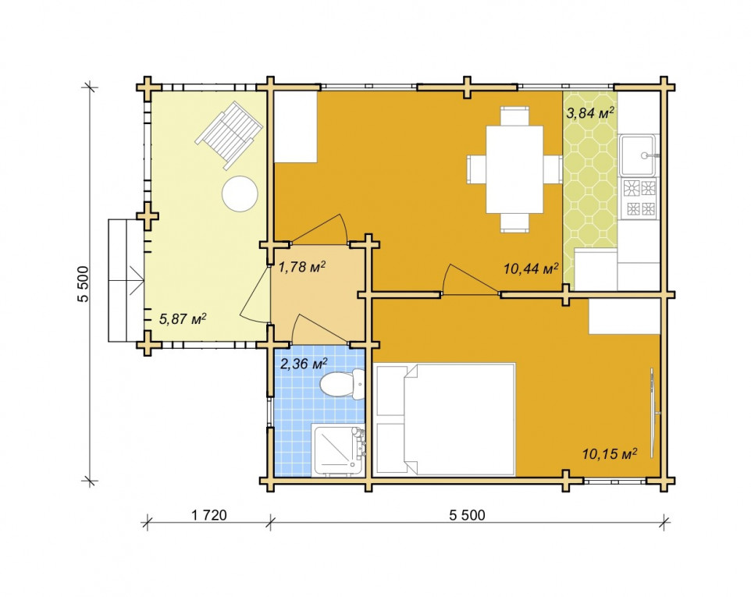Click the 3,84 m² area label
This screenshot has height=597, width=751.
pyautogui.click(x=590, y=113)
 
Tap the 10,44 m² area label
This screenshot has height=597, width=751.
pyautogui.click(x=531, y=268)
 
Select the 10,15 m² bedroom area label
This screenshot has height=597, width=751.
pyautogui.click(x=609, y=453)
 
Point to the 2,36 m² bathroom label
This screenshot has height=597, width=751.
pyautogui.click(x=304, y=364)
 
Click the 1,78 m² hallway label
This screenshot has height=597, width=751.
pyautogui.click(x=302, y=267)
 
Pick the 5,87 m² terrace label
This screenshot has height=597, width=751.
pyautogui.click(x=183, y=319)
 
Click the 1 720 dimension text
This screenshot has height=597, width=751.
pyautogui.click(x=208, y=515)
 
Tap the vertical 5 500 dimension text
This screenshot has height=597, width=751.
pyautogui.click(x=84, y=284)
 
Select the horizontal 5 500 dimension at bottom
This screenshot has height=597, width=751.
pyautogui.click(x=467, y=515)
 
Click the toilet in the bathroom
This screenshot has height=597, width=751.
pyautogui.click(x=342, y=385)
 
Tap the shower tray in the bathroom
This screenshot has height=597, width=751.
pyautogui.click(x=338, y=450)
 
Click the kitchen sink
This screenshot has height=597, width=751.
pyautogui.click(x=638, y=155)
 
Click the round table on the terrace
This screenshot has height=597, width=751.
pyautogui.click(x=240, y=194)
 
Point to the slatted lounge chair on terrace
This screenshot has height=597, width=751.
pyautogui.click(x=230, y=135)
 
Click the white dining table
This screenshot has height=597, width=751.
pyautogui.click(x=514, y=169)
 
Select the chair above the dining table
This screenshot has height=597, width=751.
pyautogui.click(x=514, y=115)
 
